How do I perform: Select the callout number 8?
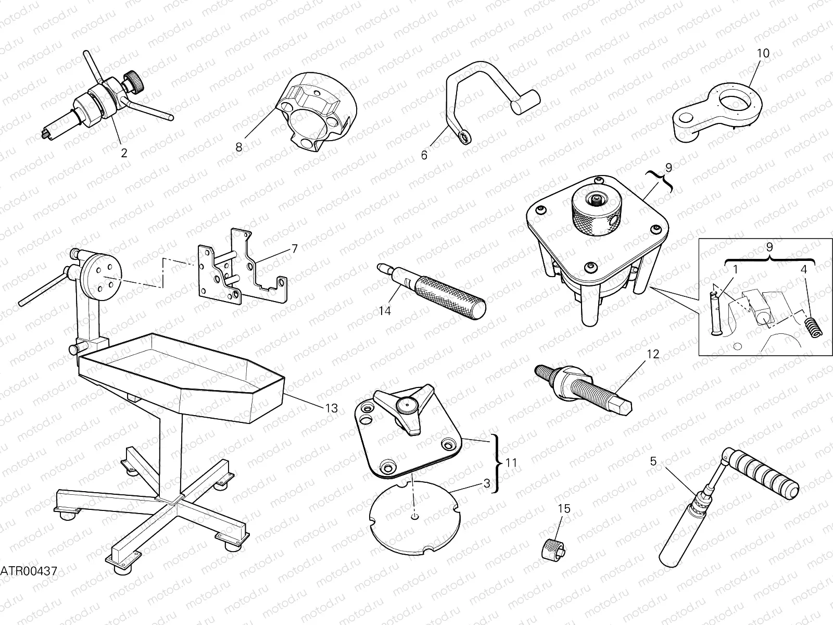[239, 147]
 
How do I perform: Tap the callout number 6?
[424, 155]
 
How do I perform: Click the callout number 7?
[295, 249]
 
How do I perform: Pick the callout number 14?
[385, 311]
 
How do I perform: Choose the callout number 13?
[331, 409]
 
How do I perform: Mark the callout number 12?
[653, 354]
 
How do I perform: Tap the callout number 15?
[564, 509]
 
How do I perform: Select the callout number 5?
[654, 461]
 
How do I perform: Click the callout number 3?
[487, 483]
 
